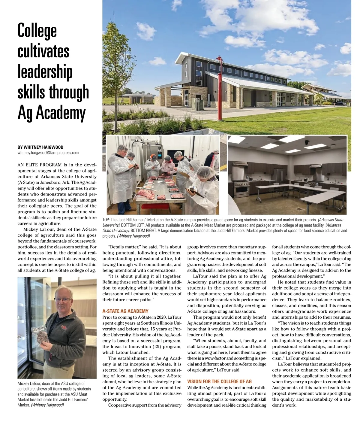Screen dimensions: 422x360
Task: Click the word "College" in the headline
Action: coord(37,31)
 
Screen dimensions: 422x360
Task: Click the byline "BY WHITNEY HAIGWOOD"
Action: coord(40,147)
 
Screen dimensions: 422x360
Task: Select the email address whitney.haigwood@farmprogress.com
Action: coord(48,153)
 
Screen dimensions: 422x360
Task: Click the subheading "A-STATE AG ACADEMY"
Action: coord(125,311)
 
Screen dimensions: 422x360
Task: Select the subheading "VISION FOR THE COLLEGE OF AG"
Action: coord(219,381)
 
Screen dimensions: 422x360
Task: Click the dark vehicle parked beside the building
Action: coord(340,103)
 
